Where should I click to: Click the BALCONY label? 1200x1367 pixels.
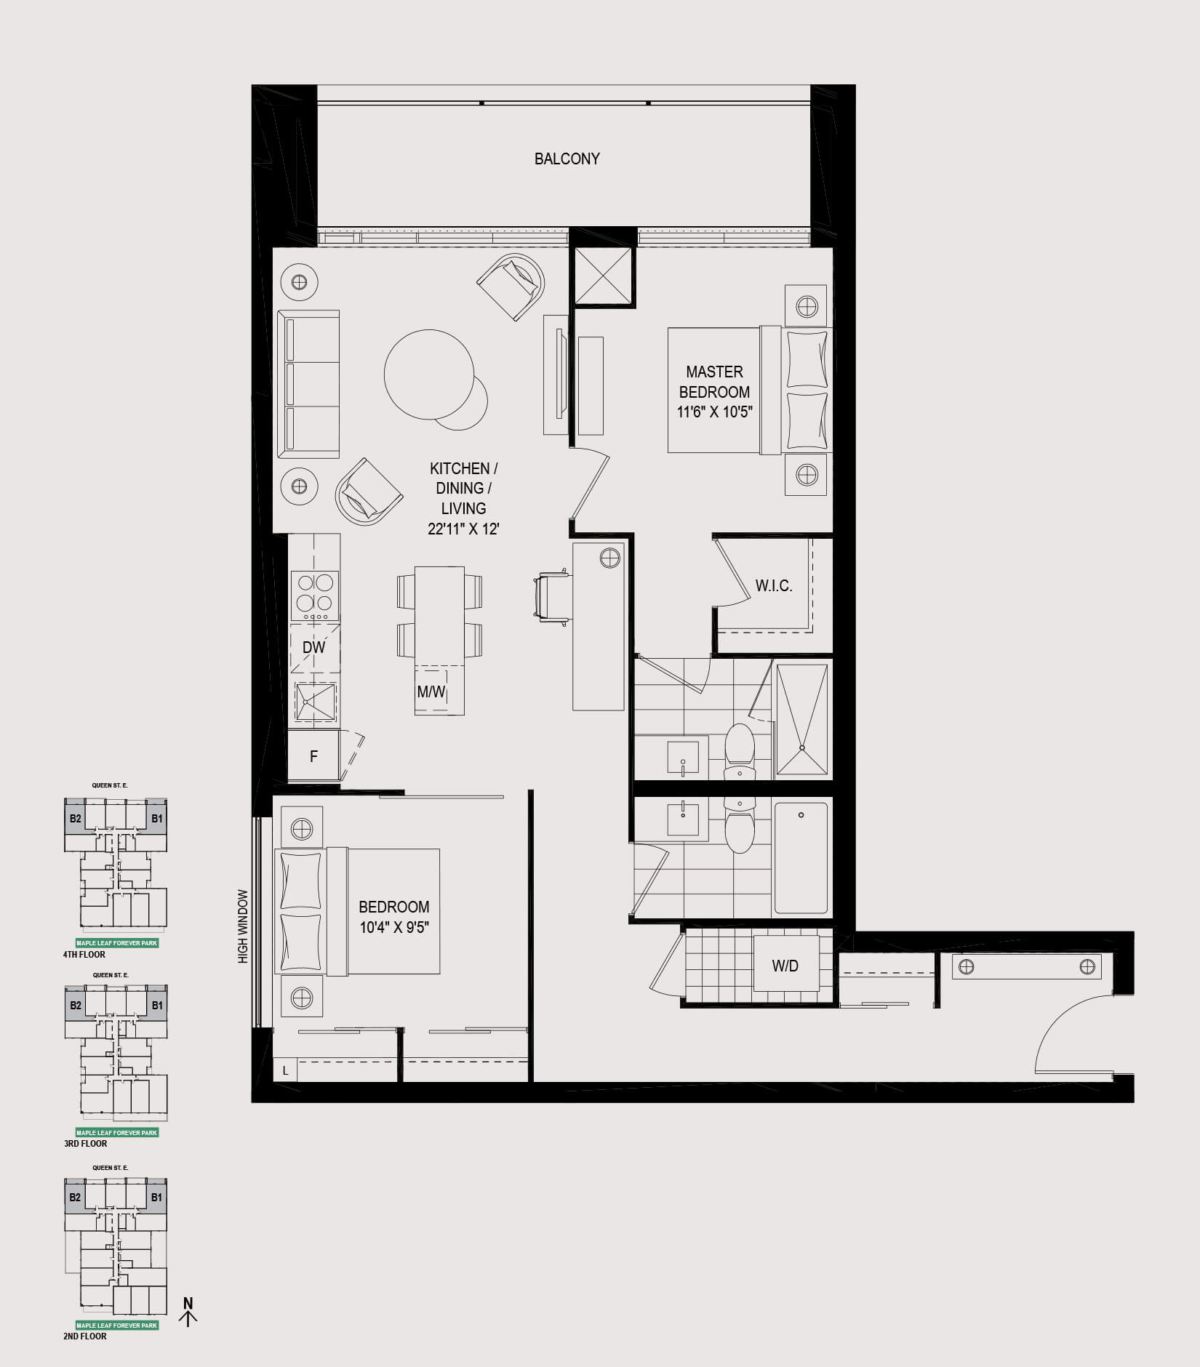(567, 159)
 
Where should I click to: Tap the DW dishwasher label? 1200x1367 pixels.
(313, 647)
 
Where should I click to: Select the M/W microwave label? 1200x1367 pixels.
(431, 691)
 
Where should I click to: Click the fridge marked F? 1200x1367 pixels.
(313, 756)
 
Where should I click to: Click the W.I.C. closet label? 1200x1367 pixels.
(774, 585)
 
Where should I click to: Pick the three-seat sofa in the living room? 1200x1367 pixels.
(308, 384)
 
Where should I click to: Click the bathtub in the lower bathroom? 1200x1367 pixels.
(801, 858)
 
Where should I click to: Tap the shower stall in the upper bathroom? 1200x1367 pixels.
(802, 720)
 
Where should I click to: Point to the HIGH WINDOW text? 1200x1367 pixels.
(243, 926)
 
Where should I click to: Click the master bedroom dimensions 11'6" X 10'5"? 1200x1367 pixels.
(715, 412)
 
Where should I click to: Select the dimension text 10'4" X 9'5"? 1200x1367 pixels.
(394, 927)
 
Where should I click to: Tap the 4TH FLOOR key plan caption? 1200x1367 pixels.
(84, 955)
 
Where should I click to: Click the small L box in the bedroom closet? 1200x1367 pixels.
(285, 1071)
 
